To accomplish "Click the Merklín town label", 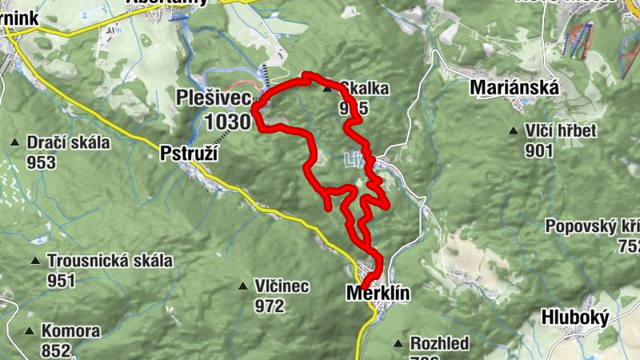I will click(x=378, y=294).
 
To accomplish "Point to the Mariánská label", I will click(x=514, y=86).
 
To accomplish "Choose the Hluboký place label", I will click(x=574, y=318).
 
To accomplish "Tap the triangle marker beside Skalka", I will click(x=327, y=90).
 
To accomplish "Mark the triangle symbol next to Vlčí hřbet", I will click(x=513, y=131).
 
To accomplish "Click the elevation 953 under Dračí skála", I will click(x=41, y=163).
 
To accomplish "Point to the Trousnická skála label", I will click(x=110, y=261).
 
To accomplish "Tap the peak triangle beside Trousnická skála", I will click(x=35, y=261).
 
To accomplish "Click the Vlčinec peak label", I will click(x=282, y=286).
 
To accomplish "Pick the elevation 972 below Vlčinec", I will click(x=270, y=306).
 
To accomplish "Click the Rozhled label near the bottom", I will click(x=439, y=344).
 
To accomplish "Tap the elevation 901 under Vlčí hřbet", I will click(x=540, y=151).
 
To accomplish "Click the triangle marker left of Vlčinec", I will click(x=243, y=286).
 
